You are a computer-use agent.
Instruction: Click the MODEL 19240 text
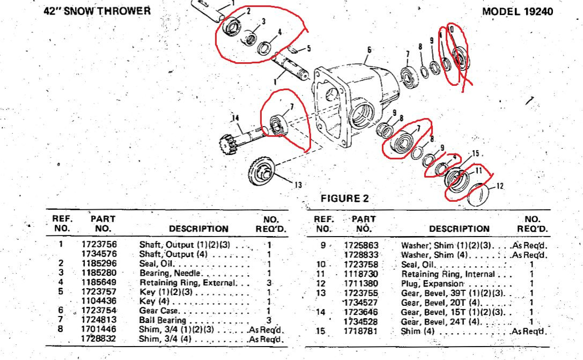(x=518, y=11)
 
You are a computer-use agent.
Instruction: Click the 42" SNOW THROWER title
(x=97, y=11)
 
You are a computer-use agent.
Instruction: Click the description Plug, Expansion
(x=432, y=283)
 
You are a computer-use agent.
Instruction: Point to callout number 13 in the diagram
(x=298, y=185)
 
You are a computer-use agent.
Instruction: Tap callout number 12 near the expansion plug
(x=500, y=186)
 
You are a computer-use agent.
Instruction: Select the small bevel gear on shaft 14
(x=227, y=145)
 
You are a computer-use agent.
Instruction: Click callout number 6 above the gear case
(x=369, y=50)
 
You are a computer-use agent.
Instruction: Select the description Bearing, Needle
(x=169, y=273)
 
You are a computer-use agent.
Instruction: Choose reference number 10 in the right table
(x=321, y=265)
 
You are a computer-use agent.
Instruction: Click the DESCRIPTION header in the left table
(x=199, y=229)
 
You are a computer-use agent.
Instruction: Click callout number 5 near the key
(x=308, y=49)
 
